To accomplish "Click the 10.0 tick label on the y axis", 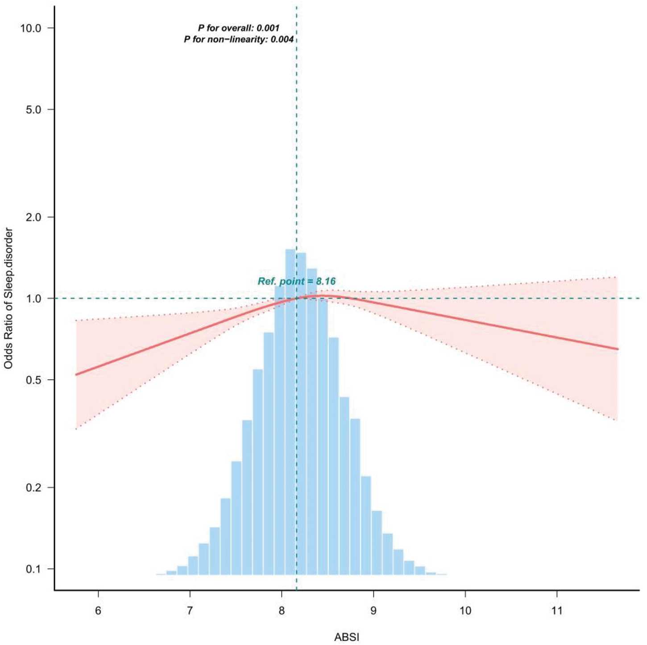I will pyautogui.click(x=30, y=28).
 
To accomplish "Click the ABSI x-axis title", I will pyautogui.click(x=347, y=637).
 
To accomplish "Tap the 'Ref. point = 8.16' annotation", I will pyautogui.click(x=297, y=281).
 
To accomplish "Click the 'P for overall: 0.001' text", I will pyautogui.click(x=239, y=28).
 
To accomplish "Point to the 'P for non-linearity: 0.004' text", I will pyautogui.click(x=239, y=40).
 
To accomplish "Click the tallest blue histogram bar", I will pyautogui.click(x=290, y=410).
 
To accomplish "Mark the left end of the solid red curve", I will pyautogui.click(x=76, y=374).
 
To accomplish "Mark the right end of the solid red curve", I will pyautogui.click(x=618, y=349).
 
